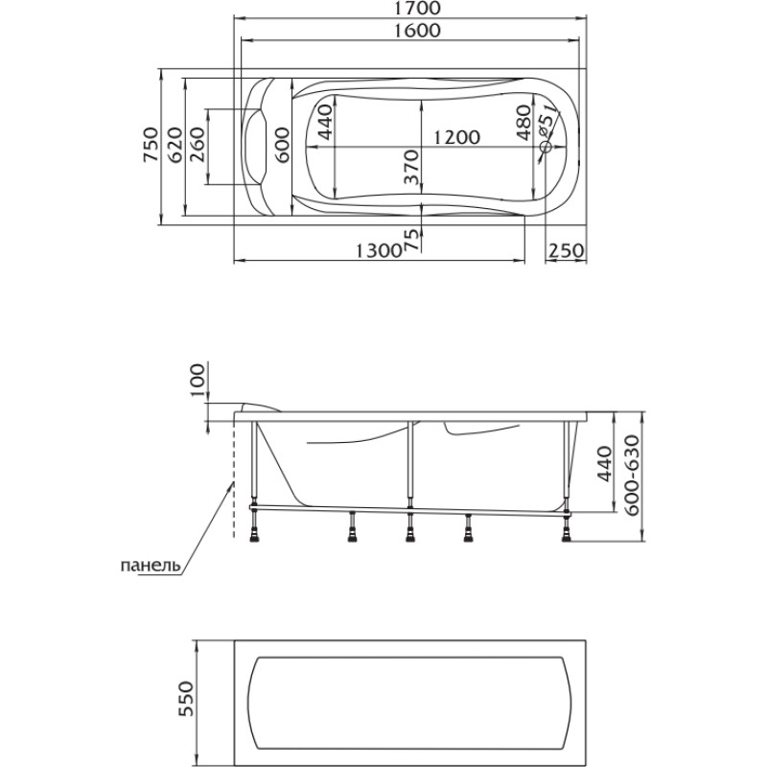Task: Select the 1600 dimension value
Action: [417, 31]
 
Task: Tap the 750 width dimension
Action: [151, 145]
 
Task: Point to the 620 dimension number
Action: [174, 145]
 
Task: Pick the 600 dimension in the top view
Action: [282, 145]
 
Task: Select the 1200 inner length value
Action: [457, 137]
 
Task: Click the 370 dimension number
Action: [412, 167]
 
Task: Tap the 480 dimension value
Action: [523, 123]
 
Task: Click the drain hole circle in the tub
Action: [546, 147]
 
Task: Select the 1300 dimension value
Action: [378, 251]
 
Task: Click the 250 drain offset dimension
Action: [566, 251]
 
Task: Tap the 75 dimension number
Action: [412, 240]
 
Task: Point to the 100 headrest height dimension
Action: [197, 380]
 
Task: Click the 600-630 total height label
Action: [633, 475]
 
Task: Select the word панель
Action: [151, 566]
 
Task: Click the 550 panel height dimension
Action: [186, 698]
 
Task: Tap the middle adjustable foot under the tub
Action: [410, 531]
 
